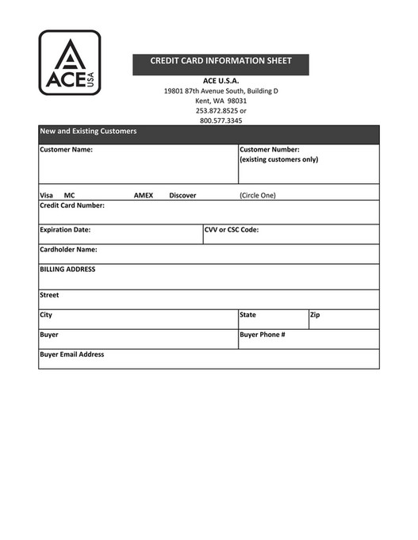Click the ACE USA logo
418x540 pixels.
pyautogui.click(x=70, y=63)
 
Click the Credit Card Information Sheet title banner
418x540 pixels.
pyautogui.click(x=221, y=61)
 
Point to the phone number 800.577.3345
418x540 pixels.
pyautogui.click(x=221, y=121)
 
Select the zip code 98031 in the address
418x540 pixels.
pyautogui.click(x=237, y=101)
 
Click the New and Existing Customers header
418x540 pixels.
pyautogui.click(x=88, y=131)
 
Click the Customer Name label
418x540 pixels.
pyautogui.click(x=66, y=149)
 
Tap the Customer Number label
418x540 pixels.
pyautogui.click(x=269, y=149)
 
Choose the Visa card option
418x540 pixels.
pyautogui.click(x=46, y=195)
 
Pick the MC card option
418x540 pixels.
pyautogui.click(x=70, y=195)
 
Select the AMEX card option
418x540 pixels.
pyautogui.click(x=143, y=195)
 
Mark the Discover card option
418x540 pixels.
pyautogui.click(x=182, y=195)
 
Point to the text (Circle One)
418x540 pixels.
pyautogui.click(x=258, y=195)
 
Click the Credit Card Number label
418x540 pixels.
pyautogui.click(x=71, y=205)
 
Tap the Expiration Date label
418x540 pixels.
pyautogui.click(x=65, y=230)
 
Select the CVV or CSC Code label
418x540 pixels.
pyautogui.click(x=232, y=230)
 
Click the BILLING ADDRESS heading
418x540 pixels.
pyautogui.click(x=67, y=270)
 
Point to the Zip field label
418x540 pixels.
pyautogui.click(x=315, y=315)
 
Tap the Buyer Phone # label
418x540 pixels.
pyautogui.click(x=262, y=335)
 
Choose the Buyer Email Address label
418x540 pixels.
pyautogui.click(x=71, y=354)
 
